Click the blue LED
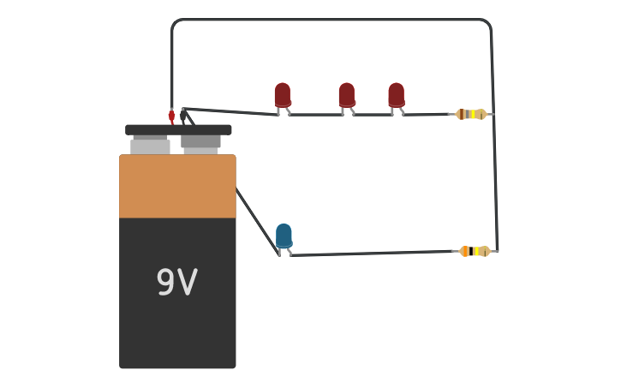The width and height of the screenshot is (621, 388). tap(284, 236)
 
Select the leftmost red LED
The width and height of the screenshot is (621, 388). tap(283, 94)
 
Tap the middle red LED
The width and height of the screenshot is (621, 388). tap(346, 94)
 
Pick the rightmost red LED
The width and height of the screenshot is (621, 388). tap(396, 94)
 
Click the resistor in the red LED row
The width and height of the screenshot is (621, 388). tap(471, 114)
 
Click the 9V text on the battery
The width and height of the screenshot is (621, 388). tap(176, 283)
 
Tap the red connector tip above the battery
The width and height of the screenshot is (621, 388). tap(171, 116)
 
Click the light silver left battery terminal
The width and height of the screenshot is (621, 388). tap(150, 146)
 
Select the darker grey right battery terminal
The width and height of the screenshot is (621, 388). tap(200, 142)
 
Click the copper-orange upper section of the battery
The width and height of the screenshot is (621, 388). tap(177, 186)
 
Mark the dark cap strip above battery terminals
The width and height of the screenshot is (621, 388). tap(178, 129)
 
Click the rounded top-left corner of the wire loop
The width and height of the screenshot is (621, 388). tap(176, 24)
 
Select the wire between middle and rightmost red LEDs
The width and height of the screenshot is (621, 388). tap(373, 114)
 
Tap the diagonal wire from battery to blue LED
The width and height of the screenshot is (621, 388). tap(256, 220)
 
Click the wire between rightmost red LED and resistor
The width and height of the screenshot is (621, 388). tap(428, 114)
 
